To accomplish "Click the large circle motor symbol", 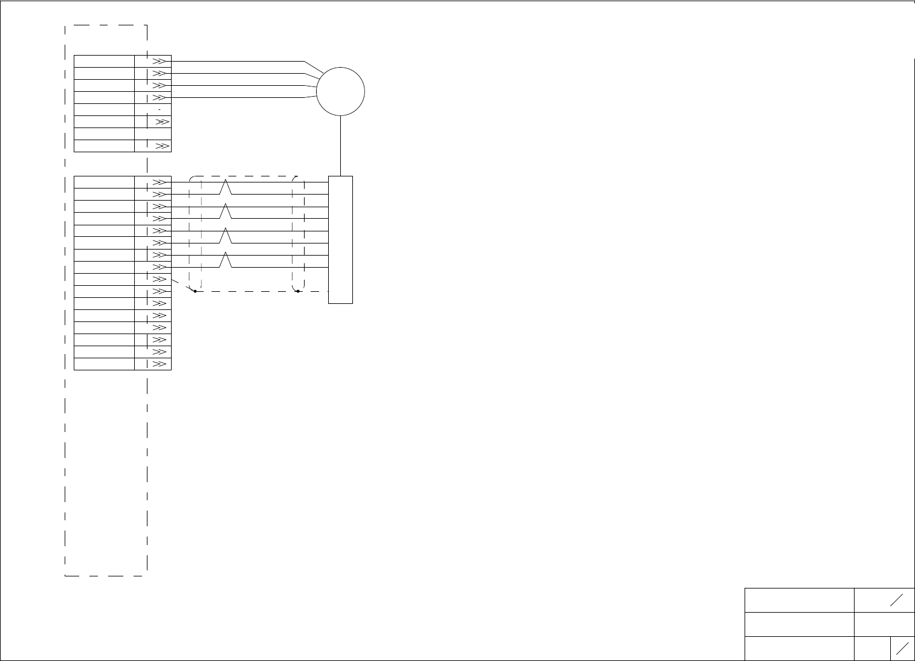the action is point(340,92).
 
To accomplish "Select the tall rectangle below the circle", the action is point(340,239).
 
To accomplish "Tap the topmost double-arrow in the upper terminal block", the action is point(159,62).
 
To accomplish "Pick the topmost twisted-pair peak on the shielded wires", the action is point(225,187).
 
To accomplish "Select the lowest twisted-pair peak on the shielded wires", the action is point(225,260).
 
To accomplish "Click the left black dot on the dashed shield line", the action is point(195,291).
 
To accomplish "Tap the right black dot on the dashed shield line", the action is point(298,291).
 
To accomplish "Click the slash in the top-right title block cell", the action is point(896,600).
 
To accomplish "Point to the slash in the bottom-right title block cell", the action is point(903,648).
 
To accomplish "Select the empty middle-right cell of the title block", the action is point(884,624).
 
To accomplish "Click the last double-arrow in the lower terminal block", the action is point(160,364).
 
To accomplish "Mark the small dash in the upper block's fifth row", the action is point(159,110).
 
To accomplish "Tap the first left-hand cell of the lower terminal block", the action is point(104,182).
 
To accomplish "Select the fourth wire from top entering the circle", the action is point(242,97).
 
